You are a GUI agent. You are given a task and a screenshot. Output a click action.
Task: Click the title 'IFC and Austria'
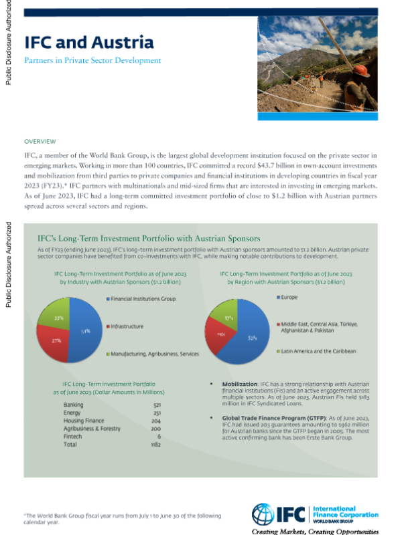click(x=89, y=43)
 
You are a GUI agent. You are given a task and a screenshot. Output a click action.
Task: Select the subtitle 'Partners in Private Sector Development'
click(x=92, y=60)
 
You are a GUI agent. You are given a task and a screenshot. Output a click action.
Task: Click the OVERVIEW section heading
click(x=40, y=142)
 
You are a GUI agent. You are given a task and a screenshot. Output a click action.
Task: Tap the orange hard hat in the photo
click(x=361, y=70)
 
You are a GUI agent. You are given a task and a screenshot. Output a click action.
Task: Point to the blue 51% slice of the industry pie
click(x=83, y=332)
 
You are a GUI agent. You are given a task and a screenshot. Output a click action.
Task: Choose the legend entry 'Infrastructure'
click(x=127, y=326)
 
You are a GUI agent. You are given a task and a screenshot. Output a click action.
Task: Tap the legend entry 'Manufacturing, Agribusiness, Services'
click(x=153, y=353)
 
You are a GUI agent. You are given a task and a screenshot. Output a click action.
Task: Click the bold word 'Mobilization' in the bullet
click(x=241, y=385)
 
